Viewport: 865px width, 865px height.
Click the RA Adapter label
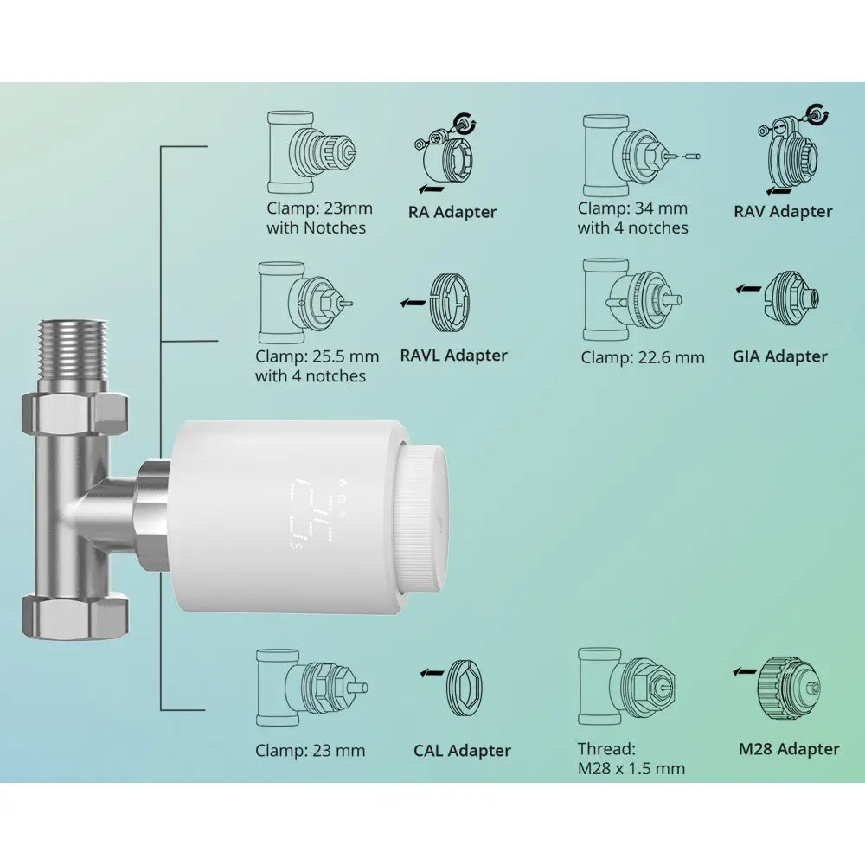click(x=452, y=212)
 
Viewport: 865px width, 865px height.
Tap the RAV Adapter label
click(x=783, y=211)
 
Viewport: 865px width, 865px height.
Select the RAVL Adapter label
click(x=453, y=355)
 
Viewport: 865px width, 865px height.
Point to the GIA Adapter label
click(x=779, y=356)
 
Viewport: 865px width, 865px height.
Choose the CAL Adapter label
click(x=462, y=751)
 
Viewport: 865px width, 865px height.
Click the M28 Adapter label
click(x=789, y=749)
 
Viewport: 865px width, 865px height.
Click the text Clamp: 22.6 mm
click(x=643, y=357)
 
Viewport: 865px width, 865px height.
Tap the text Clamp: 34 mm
click(x=632, y=208)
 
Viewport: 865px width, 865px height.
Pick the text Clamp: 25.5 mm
click(x=317, y=356)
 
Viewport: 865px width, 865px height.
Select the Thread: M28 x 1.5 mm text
click(x=631, y=759)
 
